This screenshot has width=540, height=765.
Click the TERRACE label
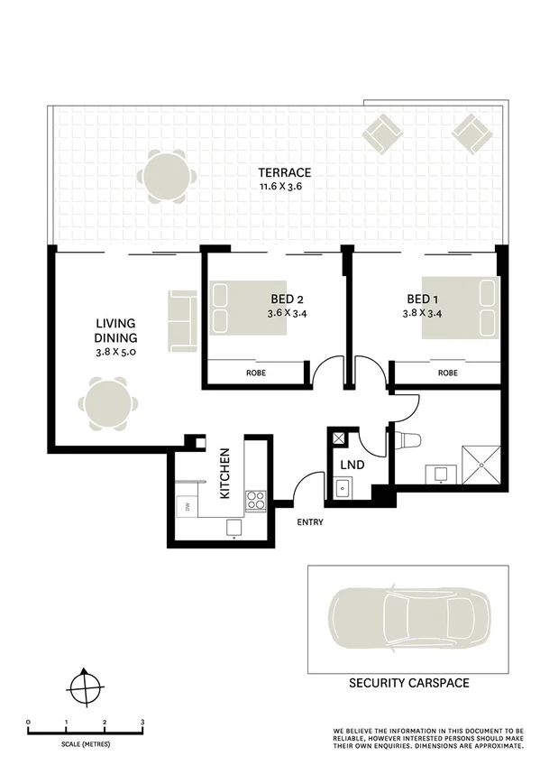click(x=284, y=173)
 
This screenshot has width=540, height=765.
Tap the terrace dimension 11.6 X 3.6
click(x=284, y=188)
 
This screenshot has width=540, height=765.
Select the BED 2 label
click(x=286, y=300)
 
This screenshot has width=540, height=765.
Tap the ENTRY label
click(x=309, y=522)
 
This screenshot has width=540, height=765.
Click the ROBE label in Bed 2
click(x=255, y=373)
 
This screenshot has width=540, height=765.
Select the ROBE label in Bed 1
click(x=447, y=373)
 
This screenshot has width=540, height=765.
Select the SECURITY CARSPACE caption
click(x=409, y=683)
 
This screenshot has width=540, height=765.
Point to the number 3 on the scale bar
click(x=143, y=724)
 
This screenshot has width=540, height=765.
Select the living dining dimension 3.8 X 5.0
click(x=116, y=353)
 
